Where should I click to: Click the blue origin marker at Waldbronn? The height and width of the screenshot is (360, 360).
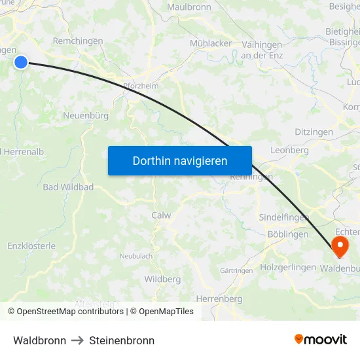pos(21,62)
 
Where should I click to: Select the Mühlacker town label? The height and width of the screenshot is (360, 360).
pos(211,43)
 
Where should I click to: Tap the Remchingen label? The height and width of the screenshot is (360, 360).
pos(78,41)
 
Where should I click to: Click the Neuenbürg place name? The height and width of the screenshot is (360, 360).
pos(86,116)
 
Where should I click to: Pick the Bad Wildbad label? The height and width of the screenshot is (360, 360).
pos(68,187)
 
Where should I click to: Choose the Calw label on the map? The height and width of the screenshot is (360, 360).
pos(161,215)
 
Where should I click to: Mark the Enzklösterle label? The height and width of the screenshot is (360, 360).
pos(31,246)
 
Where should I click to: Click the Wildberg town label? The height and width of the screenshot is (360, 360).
pos(162,279)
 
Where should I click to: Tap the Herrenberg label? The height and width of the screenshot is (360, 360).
pos(219,298)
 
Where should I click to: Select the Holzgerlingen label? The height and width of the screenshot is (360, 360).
pos(288,267)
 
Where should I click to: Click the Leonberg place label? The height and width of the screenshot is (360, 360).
pos(289,150)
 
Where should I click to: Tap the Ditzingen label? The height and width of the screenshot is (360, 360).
pos(314,132)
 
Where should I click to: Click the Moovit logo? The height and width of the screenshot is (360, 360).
pos(320,339)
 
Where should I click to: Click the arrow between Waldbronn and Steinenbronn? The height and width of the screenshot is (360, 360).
pos(77,340)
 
